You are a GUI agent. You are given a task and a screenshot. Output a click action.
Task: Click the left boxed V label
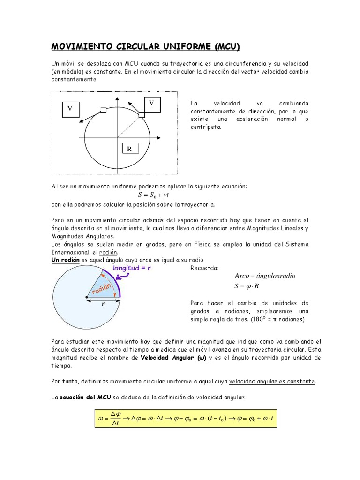70,108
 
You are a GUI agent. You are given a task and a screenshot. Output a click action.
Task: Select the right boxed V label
151,102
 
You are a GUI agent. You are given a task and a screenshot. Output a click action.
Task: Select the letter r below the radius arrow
103,304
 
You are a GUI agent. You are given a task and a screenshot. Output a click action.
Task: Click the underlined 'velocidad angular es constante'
272,382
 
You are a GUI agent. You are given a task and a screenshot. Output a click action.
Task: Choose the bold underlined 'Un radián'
65,260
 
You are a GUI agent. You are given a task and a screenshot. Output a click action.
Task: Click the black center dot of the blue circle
87,297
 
